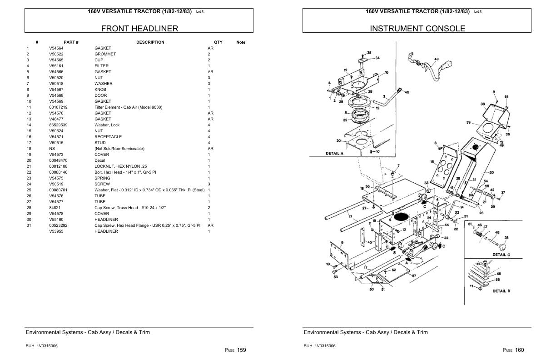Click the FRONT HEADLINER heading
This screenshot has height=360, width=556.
point(139,29)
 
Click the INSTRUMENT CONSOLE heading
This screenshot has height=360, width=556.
point(417,29)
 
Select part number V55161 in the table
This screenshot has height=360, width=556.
point(56,66)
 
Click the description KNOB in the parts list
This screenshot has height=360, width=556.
point(100,90)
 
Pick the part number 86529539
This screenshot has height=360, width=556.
point(58,125)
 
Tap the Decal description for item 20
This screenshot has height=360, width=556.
point(100,160)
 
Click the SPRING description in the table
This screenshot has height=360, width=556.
point(102,178)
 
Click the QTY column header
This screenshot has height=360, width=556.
point(218,42)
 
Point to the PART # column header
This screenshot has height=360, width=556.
point(71,42)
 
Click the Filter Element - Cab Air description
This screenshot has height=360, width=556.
point(128,107)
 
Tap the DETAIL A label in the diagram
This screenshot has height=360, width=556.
point(335,154)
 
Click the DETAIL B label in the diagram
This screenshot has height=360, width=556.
point(501,291)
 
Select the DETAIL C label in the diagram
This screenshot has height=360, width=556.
point(501,255)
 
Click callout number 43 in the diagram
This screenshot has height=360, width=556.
point(436,59)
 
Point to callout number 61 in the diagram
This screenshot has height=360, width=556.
point(506,97)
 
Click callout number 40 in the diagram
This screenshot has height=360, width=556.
point(407,92)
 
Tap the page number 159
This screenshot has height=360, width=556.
point(242,350)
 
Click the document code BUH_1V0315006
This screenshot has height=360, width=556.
point(319,346)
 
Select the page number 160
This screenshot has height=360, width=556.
point(520,350)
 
